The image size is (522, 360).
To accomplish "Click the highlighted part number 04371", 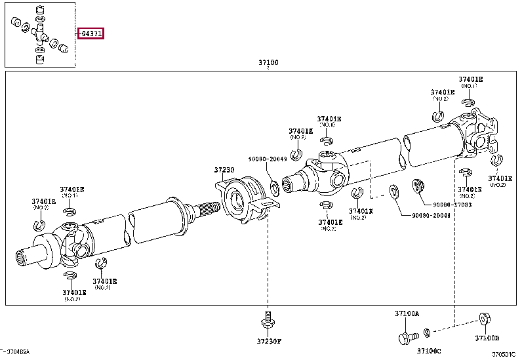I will (91, 33).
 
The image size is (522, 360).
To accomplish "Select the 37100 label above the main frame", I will (268, 63).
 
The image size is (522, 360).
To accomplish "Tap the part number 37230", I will (224, 170).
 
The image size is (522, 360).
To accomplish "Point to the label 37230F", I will (268, 340).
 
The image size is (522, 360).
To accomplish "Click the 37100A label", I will (407, 314).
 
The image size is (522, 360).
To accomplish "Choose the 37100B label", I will (487, 338).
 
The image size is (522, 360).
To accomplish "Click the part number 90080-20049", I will (267, 158).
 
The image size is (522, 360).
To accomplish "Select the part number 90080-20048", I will (431, 215).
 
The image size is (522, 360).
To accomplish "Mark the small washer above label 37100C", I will (427, 332).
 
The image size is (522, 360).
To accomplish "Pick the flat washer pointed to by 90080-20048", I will (395, 192).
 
